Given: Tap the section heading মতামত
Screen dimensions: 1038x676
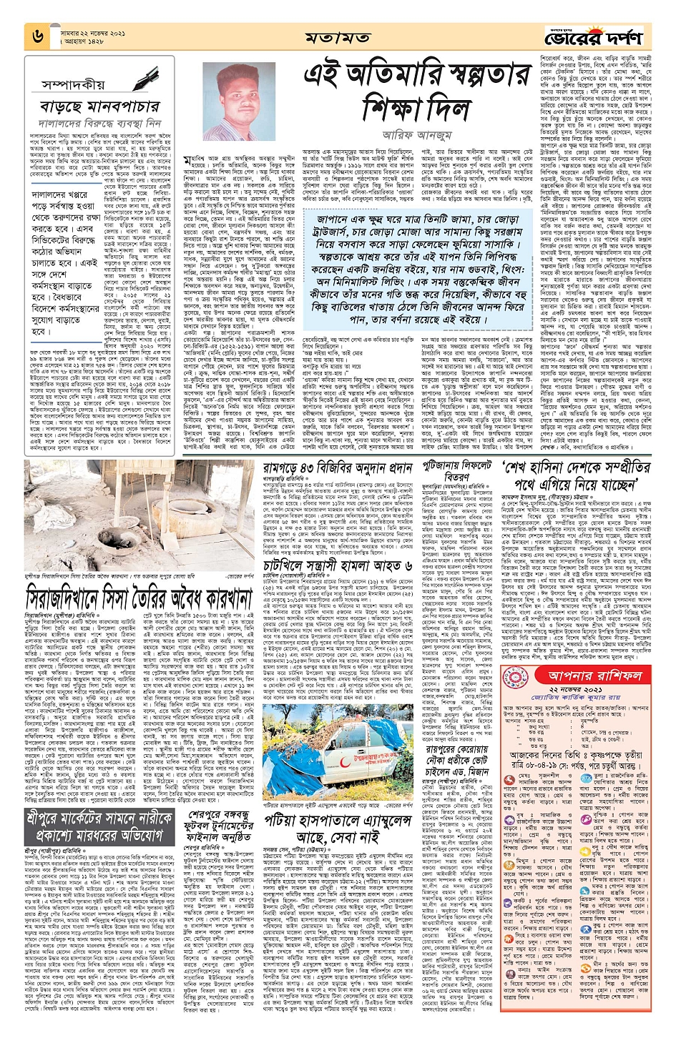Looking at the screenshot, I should pos(336,37).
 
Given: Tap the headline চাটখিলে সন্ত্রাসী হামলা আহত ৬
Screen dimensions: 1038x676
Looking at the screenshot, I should pos(348,565).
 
